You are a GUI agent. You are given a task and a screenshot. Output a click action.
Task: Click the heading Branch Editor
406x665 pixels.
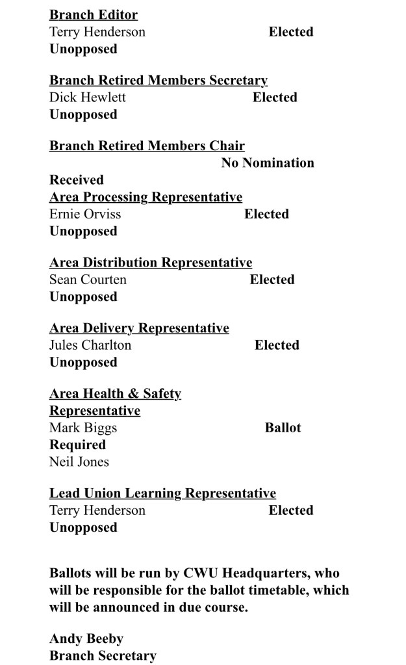94,15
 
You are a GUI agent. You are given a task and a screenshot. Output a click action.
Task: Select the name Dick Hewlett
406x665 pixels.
88,98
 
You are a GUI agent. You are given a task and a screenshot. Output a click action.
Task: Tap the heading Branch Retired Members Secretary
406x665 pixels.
159,81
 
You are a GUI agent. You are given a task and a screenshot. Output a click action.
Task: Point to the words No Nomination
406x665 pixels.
268,163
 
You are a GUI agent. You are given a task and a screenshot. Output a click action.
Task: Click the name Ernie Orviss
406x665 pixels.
85,214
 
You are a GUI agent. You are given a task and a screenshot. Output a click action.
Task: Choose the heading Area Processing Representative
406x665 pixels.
146,197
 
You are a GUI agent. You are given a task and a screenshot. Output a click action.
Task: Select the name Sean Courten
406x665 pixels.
88,280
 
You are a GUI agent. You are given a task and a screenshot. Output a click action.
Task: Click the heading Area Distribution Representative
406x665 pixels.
151,263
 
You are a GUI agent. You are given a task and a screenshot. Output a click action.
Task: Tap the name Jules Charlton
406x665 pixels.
90,345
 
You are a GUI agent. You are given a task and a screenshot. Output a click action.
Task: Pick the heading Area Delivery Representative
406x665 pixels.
139,328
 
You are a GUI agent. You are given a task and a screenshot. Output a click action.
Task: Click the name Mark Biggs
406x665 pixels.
83,428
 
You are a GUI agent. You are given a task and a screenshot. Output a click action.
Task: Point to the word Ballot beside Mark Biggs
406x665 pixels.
283,428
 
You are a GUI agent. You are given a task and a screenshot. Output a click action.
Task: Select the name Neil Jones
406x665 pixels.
79,462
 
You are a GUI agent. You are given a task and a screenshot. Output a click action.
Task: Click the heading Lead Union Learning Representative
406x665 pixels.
162,493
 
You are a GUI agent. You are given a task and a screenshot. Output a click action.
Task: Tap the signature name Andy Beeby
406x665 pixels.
86,639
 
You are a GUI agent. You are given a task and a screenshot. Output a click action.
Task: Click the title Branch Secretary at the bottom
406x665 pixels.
103,655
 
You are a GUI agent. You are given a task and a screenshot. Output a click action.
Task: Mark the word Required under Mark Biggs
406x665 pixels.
77,445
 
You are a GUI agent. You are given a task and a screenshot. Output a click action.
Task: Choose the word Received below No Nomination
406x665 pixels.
77,179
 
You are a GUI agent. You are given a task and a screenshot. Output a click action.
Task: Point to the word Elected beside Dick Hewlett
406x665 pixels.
275,98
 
